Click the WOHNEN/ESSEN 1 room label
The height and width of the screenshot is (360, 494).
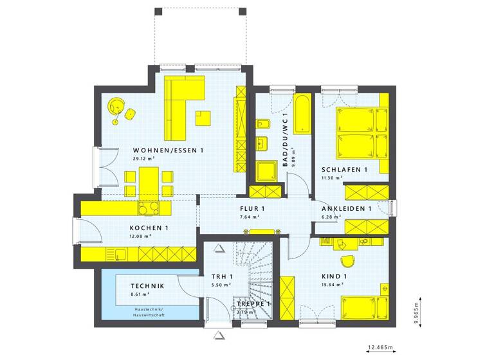point(168,150)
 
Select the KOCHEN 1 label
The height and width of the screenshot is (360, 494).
point(149,228)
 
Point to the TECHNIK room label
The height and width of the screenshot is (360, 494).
point(147,286)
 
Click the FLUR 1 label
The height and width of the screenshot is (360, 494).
point(252,209)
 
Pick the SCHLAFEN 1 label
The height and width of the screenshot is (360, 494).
point(344,170)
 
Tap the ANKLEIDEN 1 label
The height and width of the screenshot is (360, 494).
point(347,209)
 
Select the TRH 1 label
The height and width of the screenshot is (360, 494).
point(222,277)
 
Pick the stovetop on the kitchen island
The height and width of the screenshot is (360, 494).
point(149,208)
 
